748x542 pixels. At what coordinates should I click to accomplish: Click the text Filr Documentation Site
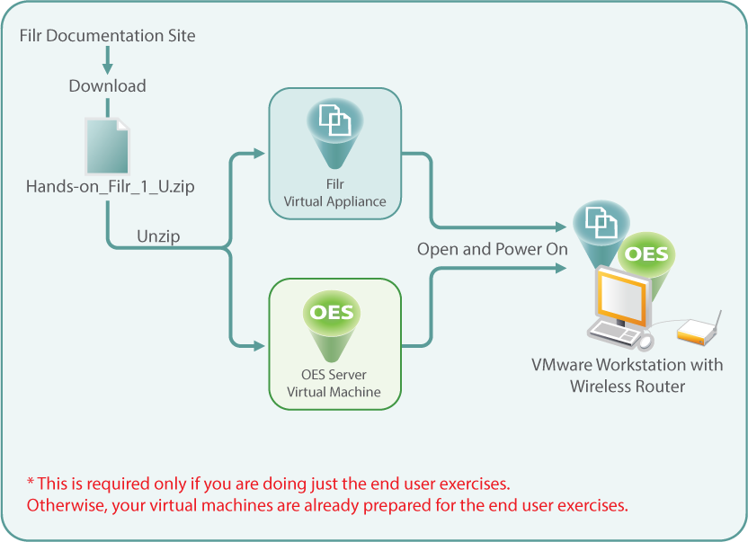pos(107,36)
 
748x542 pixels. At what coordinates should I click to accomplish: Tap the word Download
pos(107,86)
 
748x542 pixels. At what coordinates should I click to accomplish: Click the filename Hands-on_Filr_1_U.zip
pos(111,187)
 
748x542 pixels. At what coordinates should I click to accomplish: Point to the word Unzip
pos(159,236)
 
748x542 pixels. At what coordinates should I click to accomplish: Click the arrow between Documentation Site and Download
pos(108,63)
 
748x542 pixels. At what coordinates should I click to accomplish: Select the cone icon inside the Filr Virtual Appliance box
pos(334,125)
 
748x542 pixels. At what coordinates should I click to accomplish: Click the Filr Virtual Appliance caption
pos(334,195)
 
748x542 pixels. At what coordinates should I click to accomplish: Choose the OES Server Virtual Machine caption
pos(334,383)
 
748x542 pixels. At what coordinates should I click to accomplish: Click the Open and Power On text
pos(492,249)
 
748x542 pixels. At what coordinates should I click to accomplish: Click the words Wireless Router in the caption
pos(628,387)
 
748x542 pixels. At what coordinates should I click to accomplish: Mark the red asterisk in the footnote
pos(31,483)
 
